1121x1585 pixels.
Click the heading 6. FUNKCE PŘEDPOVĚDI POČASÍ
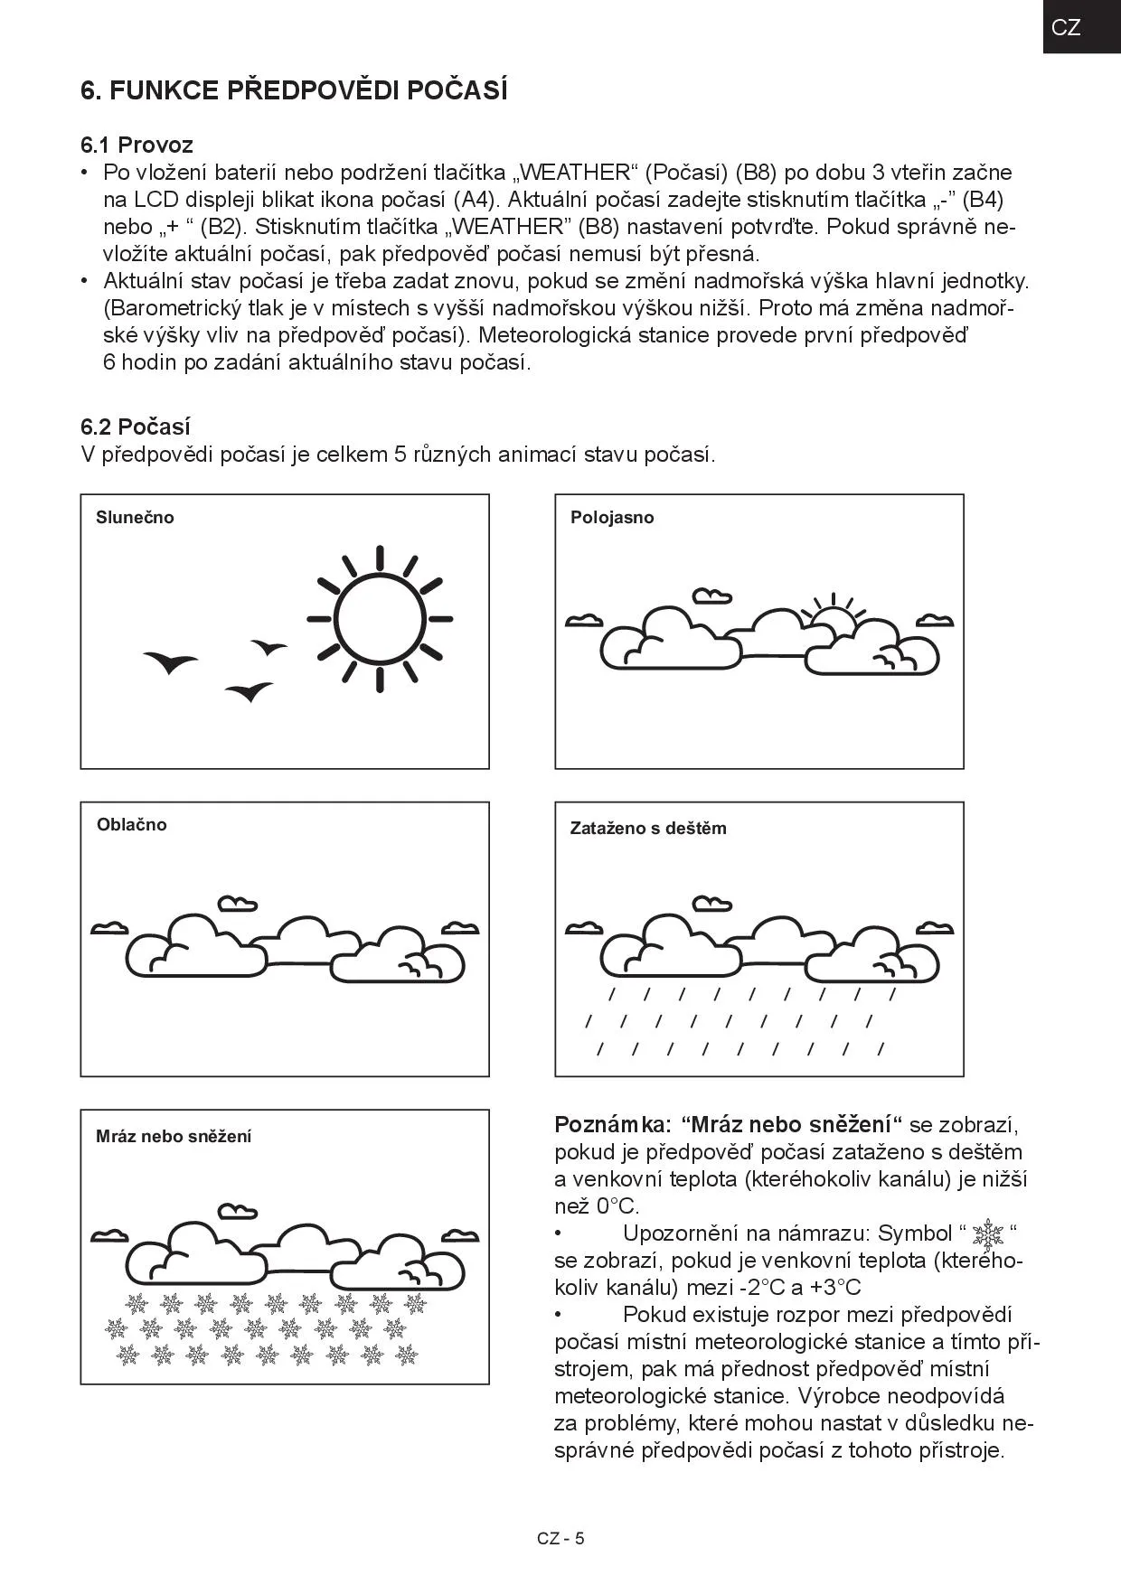(x=294, y=90)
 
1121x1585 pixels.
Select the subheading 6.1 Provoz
(x=137, y=145)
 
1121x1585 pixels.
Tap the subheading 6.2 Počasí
(x=136, y=427)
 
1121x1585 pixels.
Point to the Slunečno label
(x=135, y=518)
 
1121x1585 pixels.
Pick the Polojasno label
(x=612, y=518)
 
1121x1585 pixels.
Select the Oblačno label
(x=132, y=824)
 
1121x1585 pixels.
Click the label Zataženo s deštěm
(x=648, y=828)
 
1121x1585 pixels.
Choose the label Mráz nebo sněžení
(x=174, y=1136)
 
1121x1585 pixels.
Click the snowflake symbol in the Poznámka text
(x=992, y=1233)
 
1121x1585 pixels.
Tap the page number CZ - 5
(x=560, y=1539)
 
